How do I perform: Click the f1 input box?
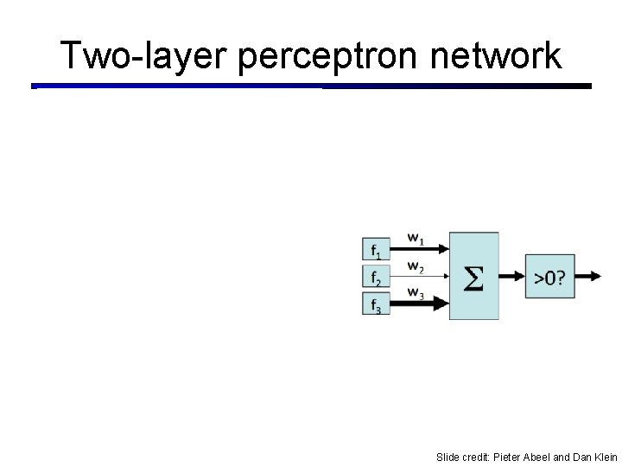click(376, 250)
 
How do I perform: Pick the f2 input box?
click(376, 277)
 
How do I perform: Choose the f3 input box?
click(376, 304)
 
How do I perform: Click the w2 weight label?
click(416, 265)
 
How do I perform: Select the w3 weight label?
click(416, 292)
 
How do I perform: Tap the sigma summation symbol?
click(473, 278)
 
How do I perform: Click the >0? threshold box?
click(549, 277)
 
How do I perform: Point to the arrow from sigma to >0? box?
click(512, 277)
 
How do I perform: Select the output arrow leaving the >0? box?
click(587, 277)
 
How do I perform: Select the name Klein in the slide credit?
click(605, 457)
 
